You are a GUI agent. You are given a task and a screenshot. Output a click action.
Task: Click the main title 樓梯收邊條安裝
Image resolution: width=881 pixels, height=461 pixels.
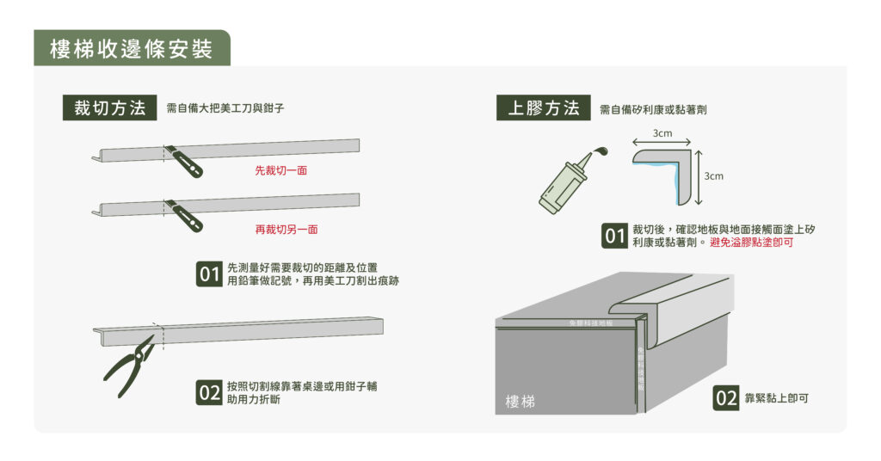click(131, 49)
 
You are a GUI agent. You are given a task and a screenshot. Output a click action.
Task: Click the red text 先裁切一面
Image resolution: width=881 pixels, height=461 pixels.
click(281, 171)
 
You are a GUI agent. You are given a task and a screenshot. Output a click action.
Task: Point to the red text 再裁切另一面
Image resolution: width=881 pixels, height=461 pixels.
click(281, 230)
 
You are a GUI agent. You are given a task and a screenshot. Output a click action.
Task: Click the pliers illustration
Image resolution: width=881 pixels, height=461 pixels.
click(129, 360)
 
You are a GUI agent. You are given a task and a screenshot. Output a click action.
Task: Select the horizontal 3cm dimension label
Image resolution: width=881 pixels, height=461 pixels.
click(662, 133)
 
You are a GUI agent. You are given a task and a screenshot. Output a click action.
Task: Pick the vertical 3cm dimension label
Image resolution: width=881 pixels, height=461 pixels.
click(714, 176)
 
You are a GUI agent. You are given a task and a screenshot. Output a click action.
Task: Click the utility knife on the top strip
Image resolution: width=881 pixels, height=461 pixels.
click(184, 161)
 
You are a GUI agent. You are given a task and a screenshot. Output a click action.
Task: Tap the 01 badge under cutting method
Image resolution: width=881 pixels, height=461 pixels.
click(209, 274)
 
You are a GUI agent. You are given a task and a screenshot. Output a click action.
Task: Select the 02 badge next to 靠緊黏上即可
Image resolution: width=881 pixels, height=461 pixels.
click(726, 398)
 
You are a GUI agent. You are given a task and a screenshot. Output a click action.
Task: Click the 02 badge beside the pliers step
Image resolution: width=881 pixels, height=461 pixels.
click(209, 393)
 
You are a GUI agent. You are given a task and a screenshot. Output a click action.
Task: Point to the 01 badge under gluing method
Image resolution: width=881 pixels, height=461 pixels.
click(614, 236)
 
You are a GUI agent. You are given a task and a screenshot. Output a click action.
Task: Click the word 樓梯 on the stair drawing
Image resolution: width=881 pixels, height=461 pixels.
click(520, 402)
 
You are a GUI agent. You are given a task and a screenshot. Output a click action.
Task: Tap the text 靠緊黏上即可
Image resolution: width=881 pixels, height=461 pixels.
click(778, 398)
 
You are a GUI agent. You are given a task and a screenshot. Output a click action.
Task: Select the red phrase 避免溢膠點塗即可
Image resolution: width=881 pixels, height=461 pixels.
click(752, 243)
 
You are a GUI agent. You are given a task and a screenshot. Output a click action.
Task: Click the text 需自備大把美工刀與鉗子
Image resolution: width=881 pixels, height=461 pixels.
click(225, 109)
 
